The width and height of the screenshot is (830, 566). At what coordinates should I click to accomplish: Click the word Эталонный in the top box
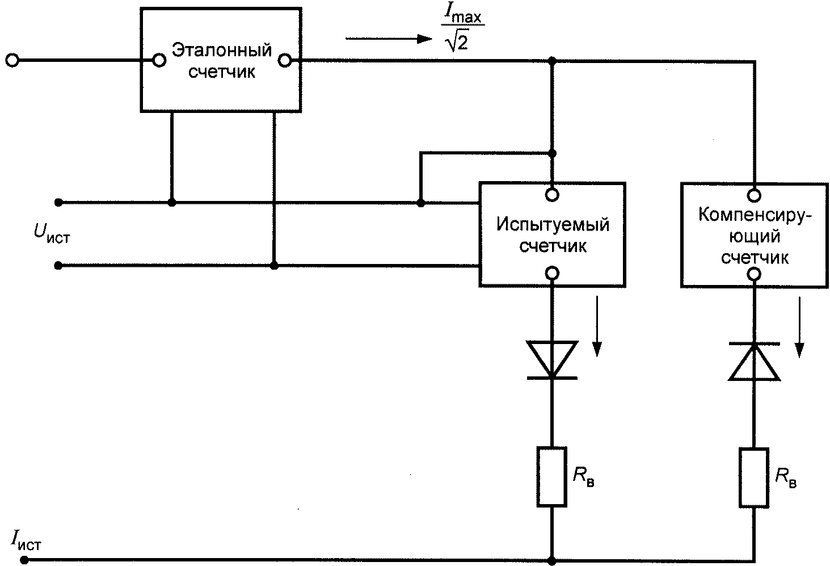222,50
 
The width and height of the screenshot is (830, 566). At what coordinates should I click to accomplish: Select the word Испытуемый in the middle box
553,225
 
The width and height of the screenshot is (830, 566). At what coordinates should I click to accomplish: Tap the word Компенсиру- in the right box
755,215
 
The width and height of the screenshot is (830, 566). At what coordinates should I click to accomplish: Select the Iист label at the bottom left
26,541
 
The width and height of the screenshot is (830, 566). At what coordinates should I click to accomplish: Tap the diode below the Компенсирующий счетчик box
755,362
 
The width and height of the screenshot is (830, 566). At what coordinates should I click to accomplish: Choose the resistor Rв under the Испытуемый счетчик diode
552,477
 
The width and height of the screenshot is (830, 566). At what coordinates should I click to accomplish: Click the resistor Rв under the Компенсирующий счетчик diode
755,477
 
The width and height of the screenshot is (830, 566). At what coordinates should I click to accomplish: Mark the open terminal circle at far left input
12,60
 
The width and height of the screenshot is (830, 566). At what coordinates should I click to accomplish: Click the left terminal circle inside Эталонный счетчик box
159,60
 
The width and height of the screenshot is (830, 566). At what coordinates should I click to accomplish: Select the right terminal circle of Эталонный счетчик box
285,60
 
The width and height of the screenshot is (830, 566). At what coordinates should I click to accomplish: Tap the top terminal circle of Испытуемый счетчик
552,195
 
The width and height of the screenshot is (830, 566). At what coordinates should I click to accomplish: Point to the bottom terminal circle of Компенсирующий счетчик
755,274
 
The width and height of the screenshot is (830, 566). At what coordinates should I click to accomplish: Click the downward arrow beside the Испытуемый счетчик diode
597,326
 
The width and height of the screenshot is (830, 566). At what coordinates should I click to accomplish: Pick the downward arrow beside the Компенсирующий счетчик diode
799,328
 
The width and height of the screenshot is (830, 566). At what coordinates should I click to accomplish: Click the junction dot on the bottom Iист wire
552,560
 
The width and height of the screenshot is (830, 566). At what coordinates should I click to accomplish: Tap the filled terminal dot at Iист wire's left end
24,560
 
